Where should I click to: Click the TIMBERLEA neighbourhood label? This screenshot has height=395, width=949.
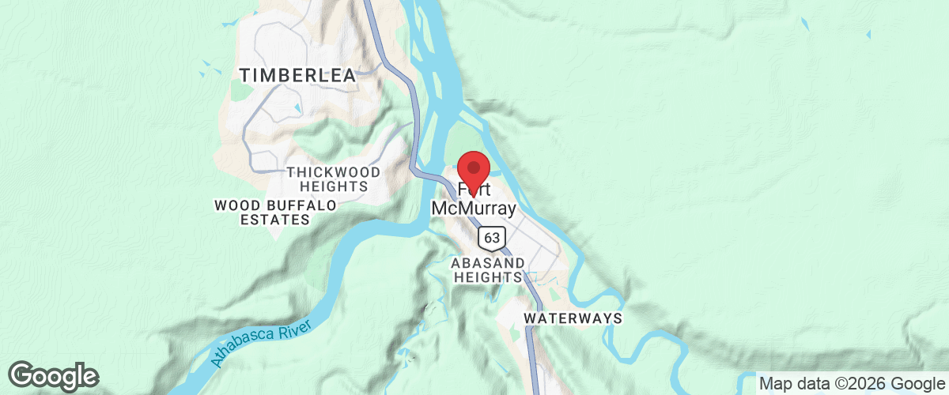pyautogui.click(x=298, y=75)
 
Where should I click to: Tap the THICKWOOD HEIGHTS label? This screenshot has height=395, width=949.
pyautogui.click(x=333, y=179)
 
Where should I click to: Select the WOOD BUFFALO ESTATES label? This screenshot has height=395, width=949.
pyautogui.click(x=275, y=213)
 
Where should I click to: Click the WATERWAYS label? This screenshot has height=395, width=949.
pyautogui.click(x=573, y=318)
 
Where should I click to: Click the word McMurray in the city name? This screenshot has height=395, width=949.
pyautogui.click(x=474, y=209)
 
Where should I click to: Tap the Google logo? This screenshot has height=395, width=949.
pyautogui.click(x=54, y=376)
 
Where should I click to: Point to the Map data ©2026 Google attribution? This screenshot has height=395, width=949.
pyautogui.click(x=851, y=384)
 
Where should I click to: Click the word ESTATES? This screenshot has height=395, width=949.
pyautogui.click(x=275, y=220)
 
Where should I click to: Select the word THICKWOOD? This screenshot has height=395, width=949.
pyautogui.click(x=333, y=172)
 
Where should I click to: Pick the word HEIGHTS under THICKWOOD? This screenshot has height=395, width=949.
pyautogui.click(x=334, y=187)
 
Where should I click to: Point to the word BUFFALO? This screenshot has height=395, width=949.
pyautogui.click(x=304, y=205)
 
